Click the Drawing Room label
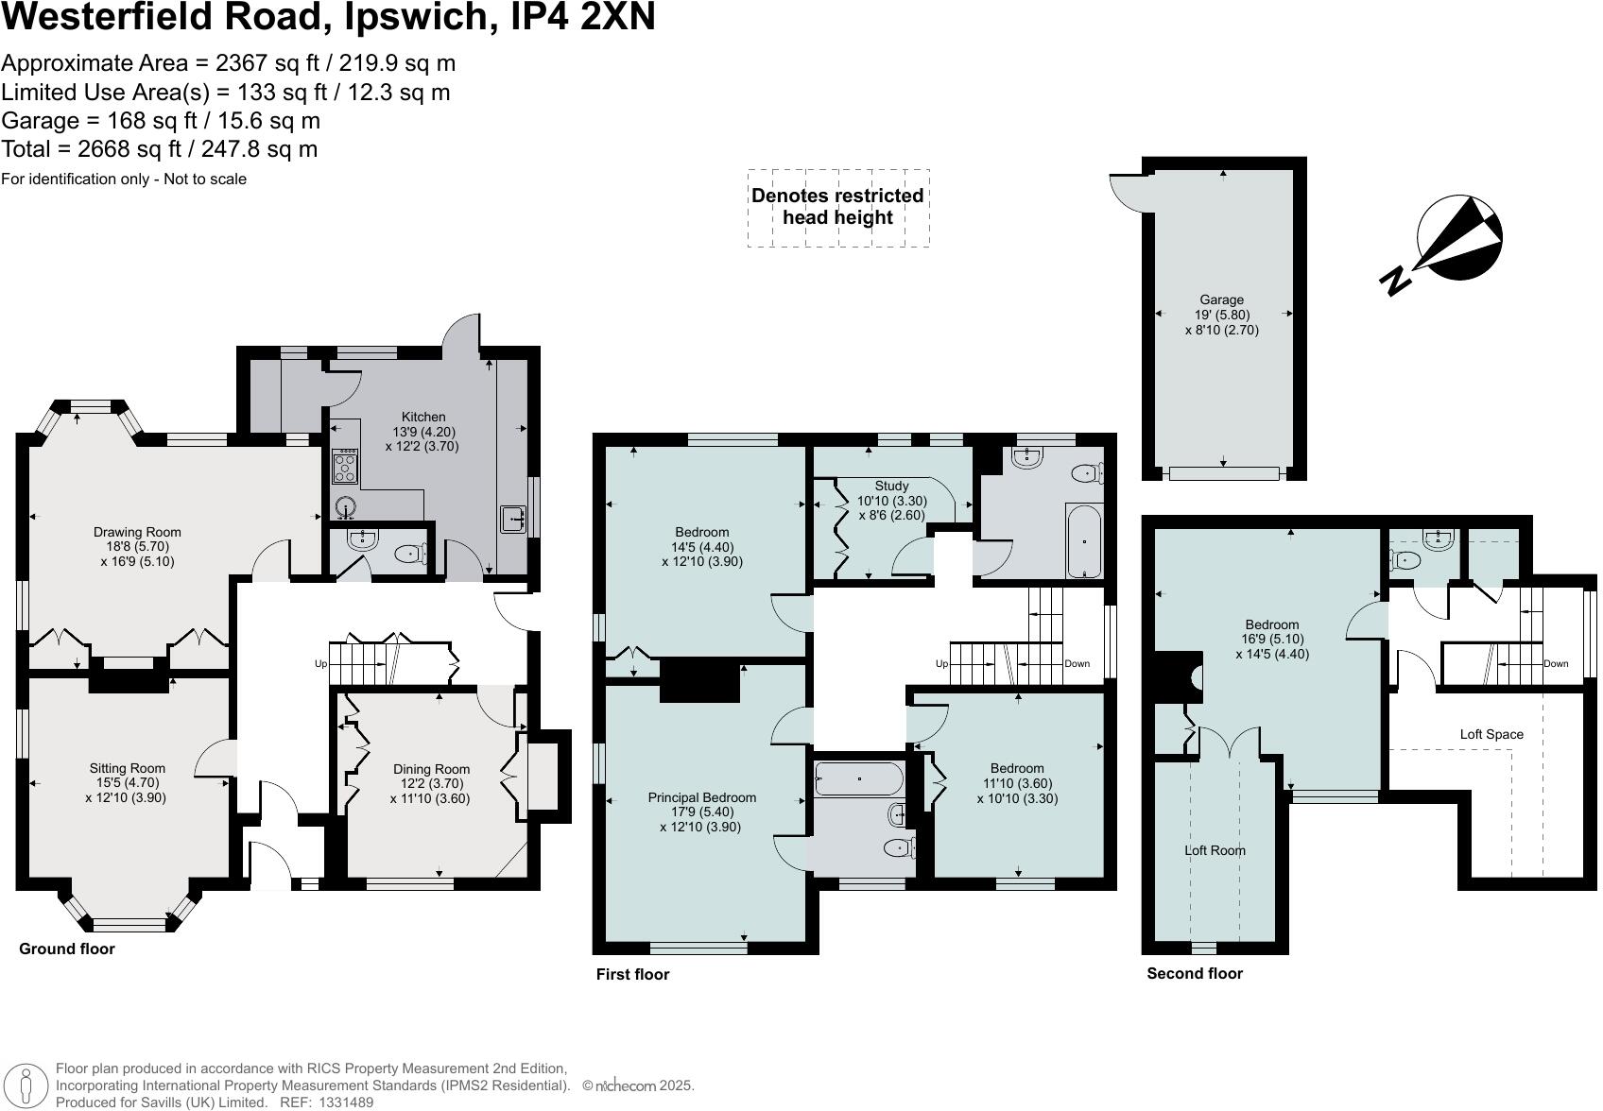(137, 532)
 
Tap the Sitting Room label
(128, 768)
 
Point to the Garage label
(1221, 299)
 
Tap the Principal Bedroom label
(701, 797)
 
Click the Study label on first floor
(891, 486)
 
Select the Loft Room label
(1215, 850)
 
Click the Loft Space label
(1491, 734)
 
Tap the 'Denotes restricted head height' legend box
(837, 208)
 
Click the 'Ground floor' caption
(67, 949)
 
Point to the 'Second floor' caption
(1195, 973)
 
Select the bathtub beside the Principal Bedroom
(859, 779)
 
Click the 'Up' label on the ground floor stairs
(320, 664)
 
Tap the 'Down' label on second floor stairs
(1555, 663)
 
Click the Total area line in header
(159, 149)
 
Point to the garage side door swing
(1127, 193)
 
